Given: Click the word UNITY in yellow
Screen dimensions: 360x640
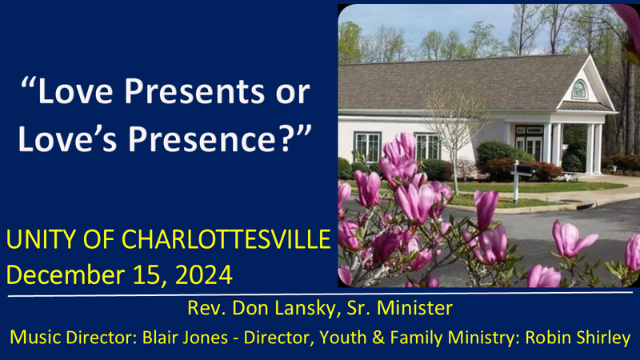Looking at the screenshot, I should point(42,238).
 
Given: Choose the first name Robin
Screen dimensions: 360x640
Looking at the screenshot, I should point(547,338).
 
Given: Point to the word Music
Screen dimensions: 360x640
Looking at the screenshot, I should point(33,338).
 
